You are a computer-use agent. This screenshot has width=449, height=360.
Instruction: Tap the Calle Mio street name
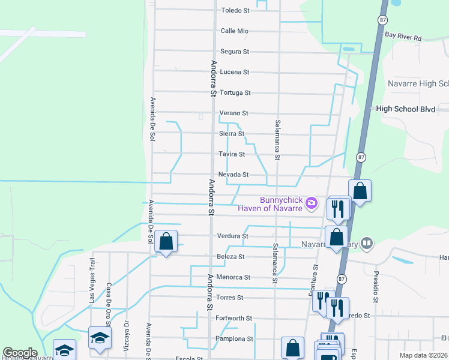234,31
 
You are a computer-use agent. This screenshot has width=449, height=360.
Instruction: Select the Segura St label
235,52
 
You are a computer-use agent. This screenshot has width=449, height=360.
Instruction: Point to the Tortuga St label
235,92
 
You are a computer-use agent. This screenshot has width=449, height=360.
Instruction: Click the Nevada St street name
234,174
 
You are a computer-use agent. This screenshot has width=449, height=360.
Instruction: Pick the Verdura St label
232,236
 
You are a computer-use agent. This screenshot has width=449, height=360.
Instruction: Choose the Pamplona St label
234,338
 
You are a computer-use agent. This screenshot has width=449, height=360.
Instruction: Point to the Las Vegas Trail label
92,280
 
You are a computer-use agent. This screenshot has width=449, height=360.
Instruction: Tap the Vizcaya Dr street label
127,330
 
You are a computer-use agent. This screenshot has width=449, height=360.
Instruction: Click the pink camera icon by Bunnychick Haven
312,204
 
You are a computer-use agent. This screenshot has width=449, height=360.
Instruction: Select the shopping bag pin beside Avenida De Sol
166,241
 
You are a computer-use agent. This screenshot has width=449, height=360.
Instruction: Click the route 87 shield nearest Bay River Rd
382,20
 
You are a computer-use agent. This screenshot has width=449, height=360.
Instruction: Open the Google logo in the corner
19,353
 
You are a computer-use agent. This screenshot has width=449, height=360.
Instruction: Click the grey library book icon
367,244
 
